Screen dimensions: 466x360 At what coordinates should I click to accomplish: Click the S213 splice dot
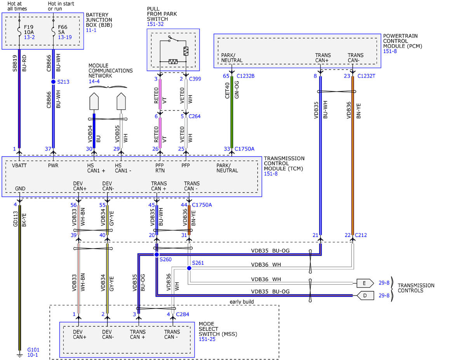[54, 82]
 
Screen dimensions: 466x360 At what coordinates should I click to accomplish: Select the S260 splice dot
[156, 254]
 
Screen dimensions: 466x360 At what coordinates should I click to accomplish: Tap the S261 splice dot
[189, 268]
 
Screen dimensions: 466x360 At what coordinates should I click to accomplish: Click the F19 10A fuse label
[29, 30]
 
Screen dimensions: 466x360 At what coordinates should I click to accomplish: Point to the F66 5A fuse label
[63, 30]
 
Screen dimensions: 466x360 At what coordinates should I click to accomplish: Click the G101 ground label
[33, 350]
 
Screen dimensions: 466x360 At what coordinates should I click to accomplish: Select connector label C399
[195, 79]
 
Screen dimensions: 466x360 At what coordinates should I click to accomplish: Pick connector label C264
[195, 116]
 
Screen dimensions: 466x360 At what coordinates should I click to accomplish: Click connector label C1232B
[245, 76]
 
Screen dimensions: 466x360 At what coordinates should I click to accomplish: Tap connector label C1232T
[366, 76]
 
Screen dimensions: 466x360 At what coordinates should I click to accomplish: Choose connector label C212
[361, 235]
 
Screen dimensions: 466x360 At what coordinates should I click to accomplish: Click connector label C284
[183, 314]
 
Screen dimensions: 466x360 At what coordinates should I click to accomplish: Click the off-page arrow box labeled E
[365, 283]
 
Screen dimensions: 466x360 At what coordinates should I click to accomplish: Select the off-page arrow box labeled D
[365, 296]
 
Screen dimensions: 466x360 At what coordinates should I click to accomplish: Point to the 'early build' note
[242, 302]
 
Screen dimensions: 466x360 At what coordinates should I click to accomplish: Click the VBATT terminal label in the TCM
[19, 165]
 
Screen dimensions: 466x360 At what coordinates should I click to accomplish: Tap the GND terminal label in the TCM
[20, 188]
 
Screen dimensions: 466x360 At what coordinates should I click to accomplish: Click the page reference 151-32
[155, 24]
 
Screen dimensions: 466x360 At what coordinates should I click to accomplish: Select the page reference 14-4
[94, 81]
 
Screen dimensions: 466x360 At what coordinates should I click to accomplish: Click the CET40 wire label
[227, 90]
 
